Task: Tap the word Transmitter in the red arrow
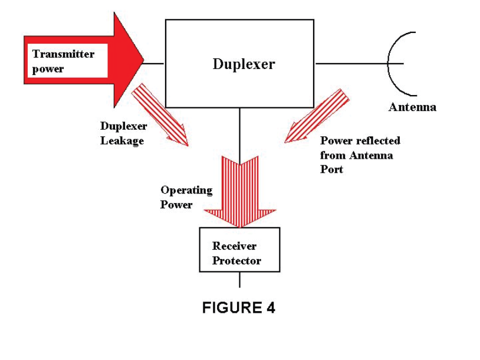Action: click(x=63, y=54)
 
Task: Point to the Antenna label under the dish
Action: click(x=412, y=107)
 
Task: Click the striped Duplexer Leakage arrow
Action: click(x=159, y=114)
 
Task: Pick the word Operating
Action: click(x=186, y=191)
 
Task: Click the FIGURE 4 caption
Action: click(x=239, y=307)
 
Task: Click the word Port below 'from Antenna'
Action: click(x=331, y=169)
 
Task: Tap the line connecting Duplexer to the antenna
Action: click(x=351, y=63)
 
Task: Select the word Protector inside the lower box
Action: click(x=236, y=260)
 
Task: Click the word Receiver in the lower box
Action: click(x=234, y=246)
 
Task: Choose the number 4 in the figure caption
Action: click(x=270, y=307)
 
